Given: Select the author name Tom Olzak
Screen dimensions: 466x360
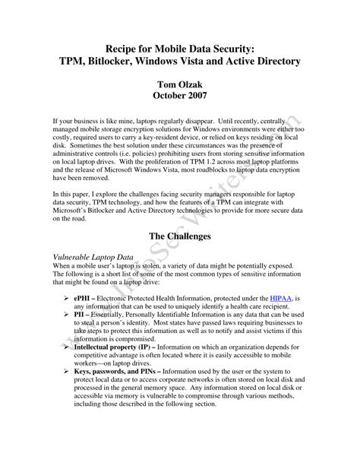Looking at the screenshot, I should pos(179,82).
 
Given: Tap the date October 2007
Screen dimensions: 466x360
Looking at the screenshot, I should pos(179,96).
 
